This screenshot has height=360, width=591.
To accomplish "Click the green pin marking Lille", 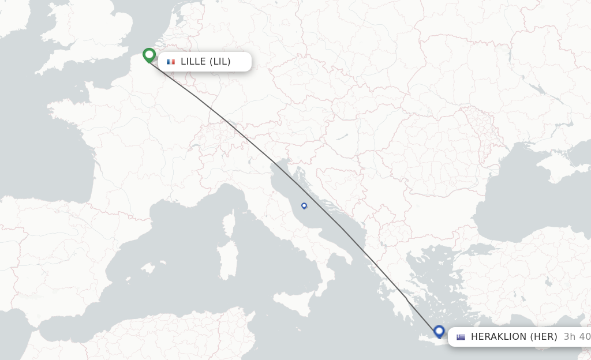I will coord(149,55).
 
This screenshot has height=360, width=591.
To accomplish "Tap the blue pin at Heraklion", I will coord(439,332).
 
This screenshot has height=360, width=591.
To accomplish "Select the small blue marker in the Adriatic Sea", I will coord(304,205).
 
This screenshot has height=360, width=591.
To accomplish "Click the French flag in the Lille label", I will coord(171,62).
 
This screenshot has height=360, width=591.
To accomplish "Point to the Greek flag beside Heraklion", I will coord(461,337).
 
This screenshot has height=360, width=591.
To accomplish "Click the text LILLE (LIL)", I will coord(205,62).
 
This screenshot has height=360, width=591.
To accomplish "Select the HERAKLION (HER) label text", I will coord(514,337).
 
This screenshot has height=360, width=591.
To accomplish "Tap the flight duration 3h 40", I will coord(577,337).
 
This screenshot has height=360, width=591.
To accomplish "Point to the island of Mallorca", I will coord(148,268).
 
